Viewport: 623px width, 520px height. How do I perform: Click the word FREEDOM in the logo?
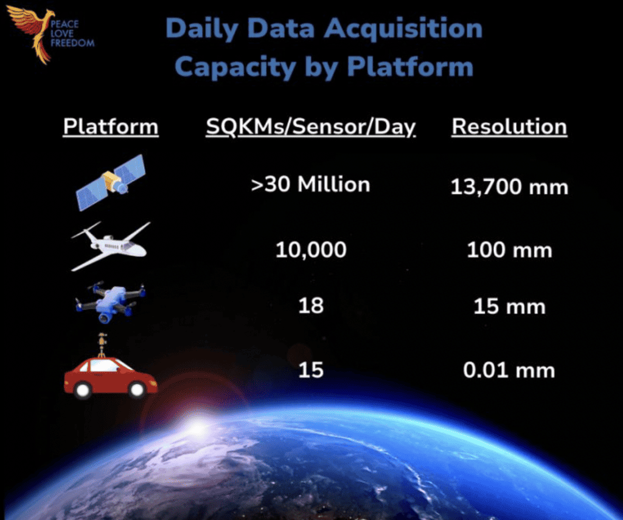click(73, 43)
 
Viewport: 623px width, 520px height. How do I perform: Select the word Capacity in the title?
click(235, 67)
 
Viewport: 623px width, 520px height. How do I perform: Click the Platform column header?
click(111, 127)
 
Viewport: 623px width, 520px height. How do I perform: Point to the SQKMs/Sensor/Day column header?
click(311, 128)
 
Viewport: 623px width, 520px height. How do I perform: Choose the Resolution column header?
click(509, 127)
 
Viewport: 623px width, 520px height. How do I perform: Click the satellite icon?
click(111, 182)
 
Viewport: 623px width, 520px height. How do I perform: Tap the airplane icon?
click(111, 246)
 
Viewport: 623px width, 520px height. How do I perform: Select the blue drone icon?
click(111, 302)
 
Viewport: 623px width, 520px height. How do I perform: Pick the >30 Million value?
click(311, 184)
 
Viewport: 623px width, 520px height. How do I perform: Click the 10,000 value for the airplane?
click(311, 250)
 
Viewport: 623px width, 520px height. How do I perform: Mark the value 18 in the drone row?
click(311, 306)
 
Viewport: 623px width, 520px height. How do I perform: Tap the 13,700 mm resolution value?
click(509, 187)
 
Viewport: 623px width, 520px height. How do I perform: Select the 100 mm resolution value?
click(509, 250)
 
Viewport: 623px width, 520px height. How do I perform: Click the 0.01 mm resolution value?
click(509, 370)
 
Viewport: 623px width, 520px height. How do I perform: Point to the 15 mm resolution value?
click(509, 307)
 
